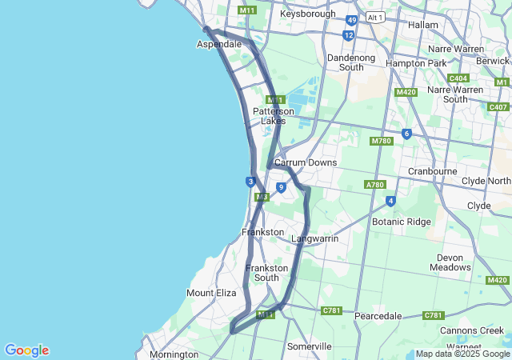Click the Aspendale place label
(x=219, y=45)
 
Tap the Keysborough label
(x=307, y=14)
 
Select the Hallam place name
(x=423, y=25)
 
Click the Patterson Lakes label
(x=274, y=116)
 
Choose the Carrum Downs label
(x=306, y=162)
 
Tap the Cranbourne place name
(x=432, y=171)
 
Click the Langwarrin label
(x=314, y=238)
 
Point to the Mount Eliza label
(x=211, y=293)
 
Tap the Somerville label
(x=310, y=346)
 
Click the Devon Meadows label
(x=450, y=262)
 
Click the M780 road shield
(x=381, y=141)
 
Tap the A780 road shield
(x=374, y=185)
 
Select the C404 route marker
(x=458, y=78)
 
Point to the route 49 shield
(x=352, y=20)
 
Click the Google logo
(x=26, y=350)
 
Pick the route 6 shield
(x=406, y=134)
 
